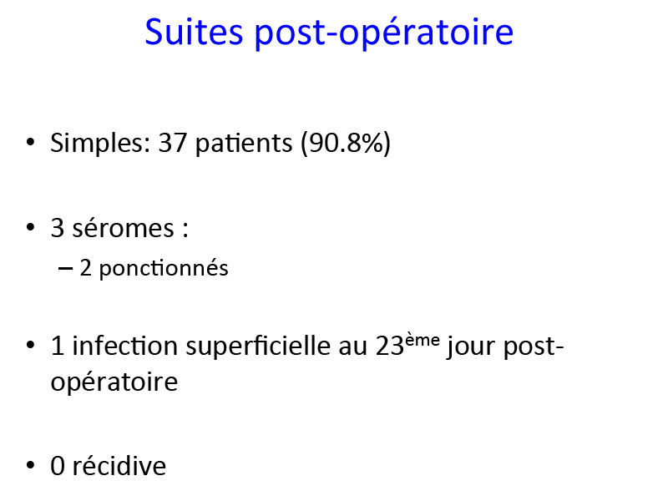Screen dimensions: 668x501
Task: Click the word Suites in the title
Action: point(194,32)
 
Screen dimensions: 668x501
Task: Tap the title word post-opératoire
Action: point(384,34)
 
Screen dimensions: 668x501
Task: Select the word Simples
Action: point(100,143)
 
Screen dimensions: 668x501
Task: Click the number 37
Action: point(173,143)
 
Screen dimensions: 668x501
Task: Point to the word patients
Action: point(244,143)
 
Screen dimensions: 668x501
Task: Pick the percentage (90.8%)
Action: point(346,143)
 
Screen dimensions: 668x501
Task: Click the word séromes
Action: point(124,228)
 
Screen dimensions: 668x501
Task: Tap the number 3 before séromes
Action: point(58,228)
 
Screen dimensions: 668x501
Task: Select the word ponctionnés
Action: point(164,268)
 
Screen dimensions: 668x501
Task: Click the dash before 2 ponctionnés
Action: point(65,268)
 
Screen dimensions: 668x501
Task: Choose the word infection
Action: point(124,345)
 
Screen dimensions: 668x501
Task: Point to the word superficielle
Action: point(258,346)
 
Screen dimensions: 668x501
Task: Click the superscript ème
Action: point(423,340)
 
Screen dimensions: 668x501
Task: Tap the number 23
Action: point(389,346)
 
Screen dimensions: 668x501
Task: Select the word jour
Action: point(471,347)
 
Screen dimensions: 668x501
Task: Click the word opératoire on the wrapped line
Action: point(114,382)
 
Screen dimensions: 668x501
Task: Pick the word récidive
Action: point(119,466)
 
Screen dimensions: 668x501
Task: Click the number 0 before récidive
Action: point(58,466)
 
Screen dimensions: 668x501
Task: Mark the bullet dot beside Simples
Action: point(30,142)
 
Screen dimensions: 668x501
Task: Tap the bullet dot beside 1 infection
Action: point(30,345)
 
